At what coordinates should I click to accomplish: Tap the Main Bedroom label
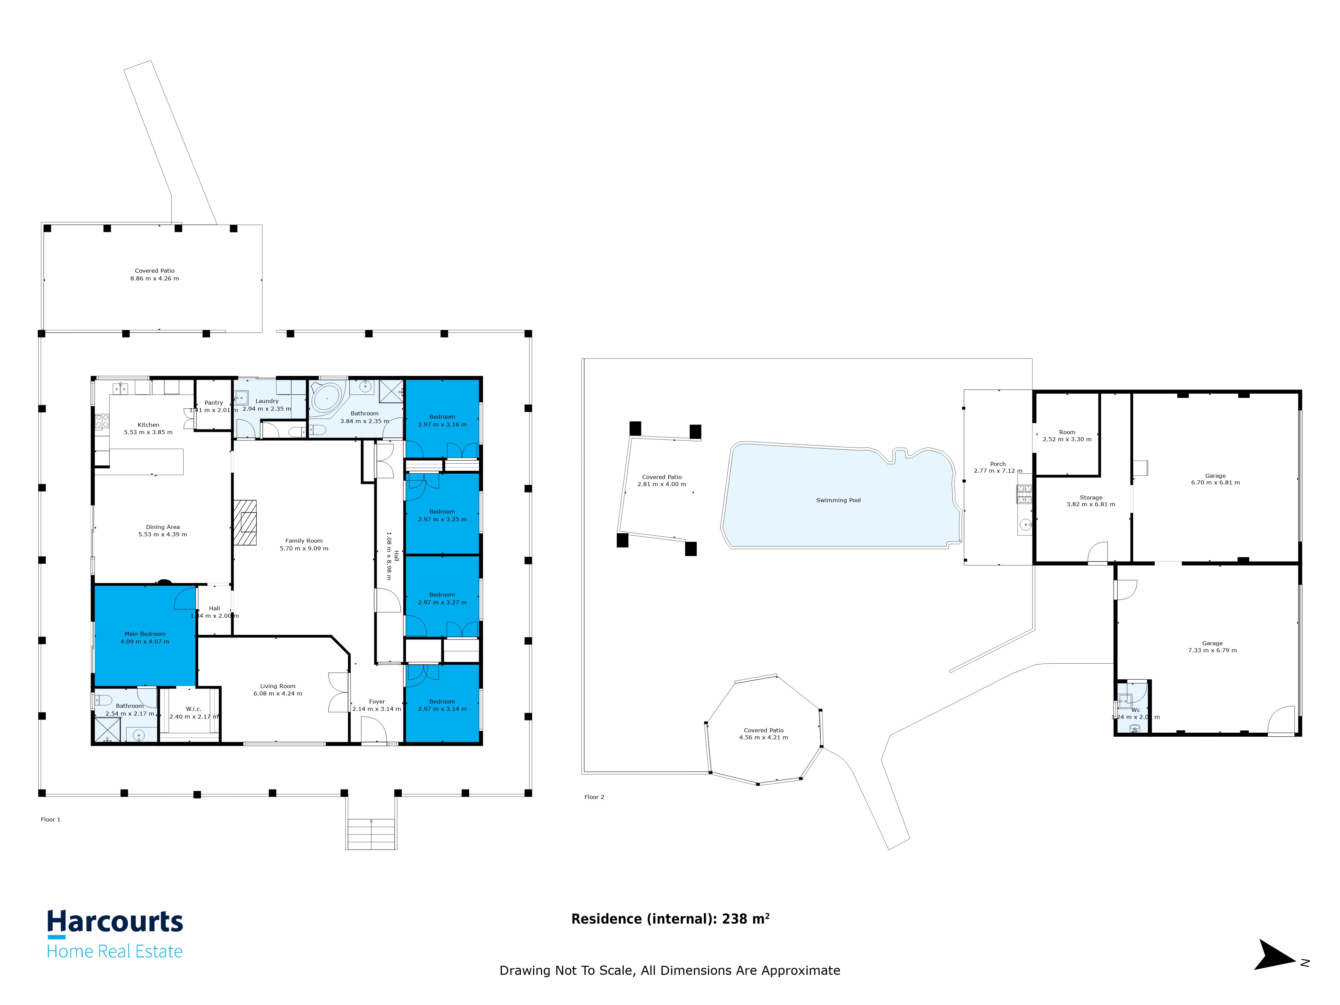(145, 634)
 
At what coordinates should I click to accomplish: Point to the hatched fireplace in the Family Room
(245, 523)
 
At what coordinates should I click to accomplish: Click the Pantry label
(213, 403)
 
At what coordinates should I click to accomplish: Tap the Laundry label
(267, 401)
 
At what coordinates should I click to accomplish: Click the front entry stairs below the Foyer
(371, 833)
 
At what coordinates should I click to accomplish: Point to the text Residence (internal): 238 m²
(670, 919)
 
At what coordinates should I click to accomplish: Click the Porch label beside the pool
(998, 464)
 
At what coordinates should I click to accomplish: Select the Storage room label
(1090, 497)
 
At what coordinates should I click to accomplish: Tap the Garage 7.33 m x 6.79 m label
(1212, 643)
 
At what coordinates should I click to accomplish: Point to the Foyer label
(377, 701)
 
